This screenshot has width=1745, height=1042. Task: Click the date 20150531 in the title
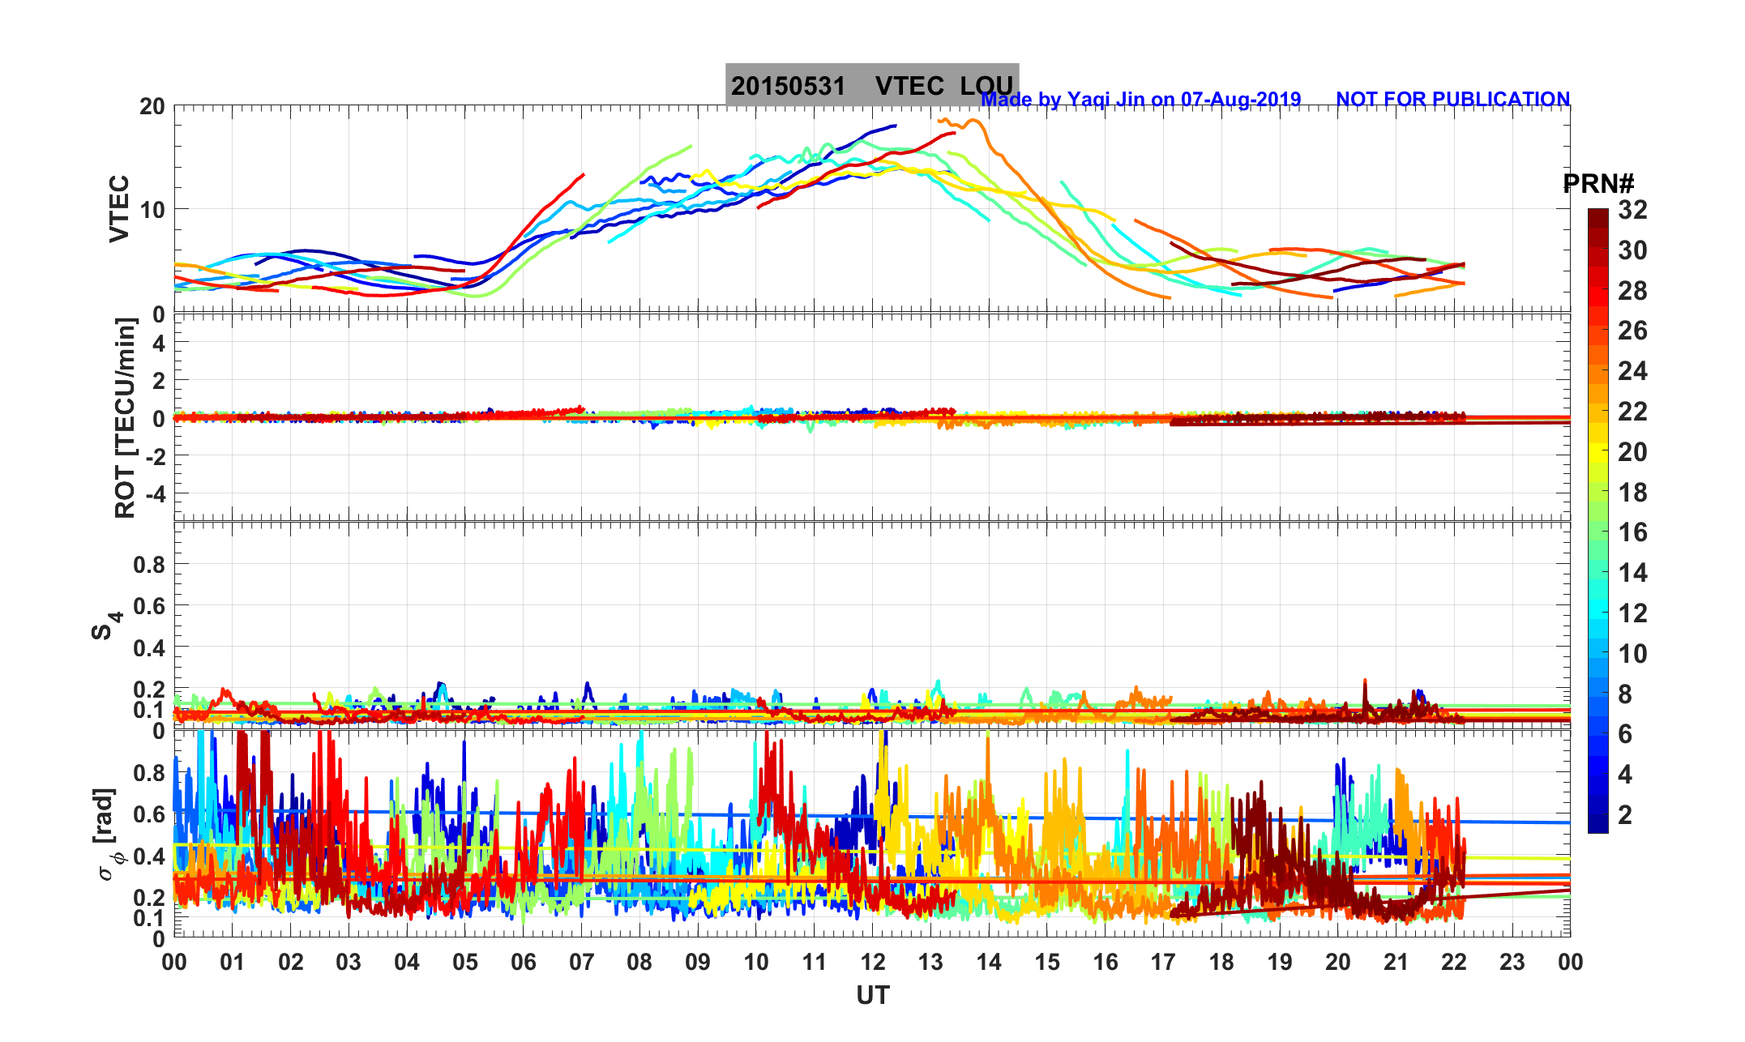point(788,86)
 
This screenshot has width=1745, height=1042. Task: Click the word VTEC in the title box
point(909,86)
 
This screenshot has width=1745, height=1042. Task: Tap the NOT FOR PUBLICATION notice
point(1452,99)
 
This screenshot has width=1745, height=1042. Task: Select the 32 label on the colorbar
point(1632,210)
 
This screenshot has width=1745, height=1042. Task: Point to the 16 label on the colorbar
point(1632,532)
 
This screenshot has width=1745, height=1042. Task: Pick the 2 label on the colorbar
point(1624,815)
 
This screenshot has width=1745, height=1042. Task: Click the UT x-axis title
point(873,995)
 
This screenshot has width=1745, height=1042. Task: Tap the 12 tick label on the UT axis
point(873,962)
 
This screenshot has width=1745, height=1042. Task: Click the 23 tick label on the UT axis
point(1512,962)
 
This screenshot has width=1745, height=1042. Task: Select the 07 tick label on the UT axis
point(582,962)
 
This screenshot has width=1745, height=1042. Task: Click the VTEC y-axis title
point(118,209)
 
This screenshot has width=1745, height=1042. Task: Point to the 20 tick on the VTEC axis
point(152,107)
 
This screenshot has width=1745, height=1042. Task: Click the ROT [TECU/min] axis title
point(125,418)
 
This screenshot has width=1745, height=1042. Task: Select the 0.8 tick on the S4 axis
point(149,565)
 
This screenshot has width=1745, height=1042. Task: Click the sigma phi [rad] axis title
point(105,835)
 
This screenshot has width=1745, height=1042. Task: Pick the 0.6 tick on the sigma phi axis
point(149,814)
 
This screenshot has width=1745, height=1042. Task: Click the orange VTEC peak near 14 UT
point(973,122)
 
